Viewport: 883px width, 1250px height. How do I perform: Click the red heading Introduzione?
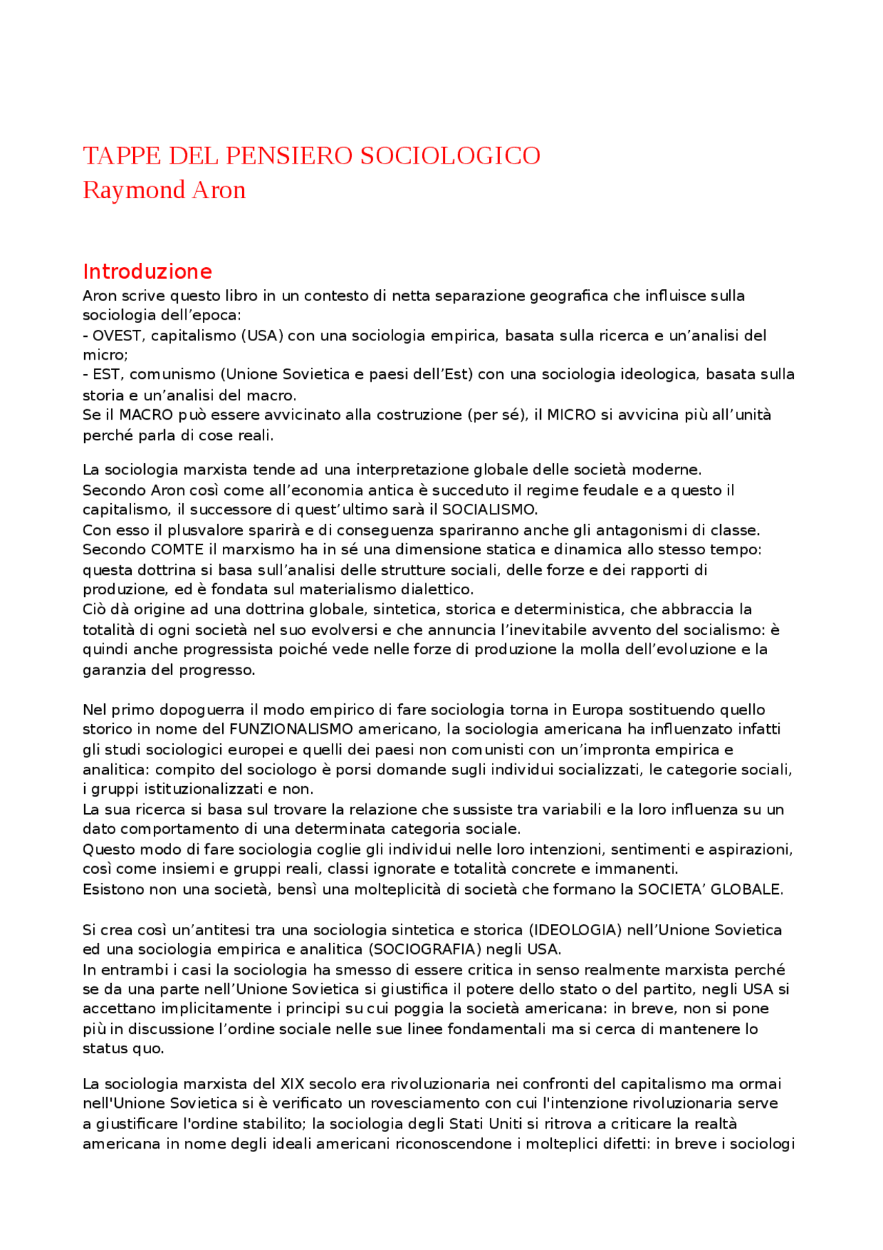tap(147, 271)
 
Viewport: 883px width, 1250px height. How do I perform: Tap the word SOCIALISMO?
tap(488, 510)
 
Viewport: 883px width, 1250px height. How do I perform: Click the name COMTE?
tap(177, 550)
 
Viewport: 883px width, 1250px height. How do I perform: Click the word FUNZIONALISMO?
tap(291, 730)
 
